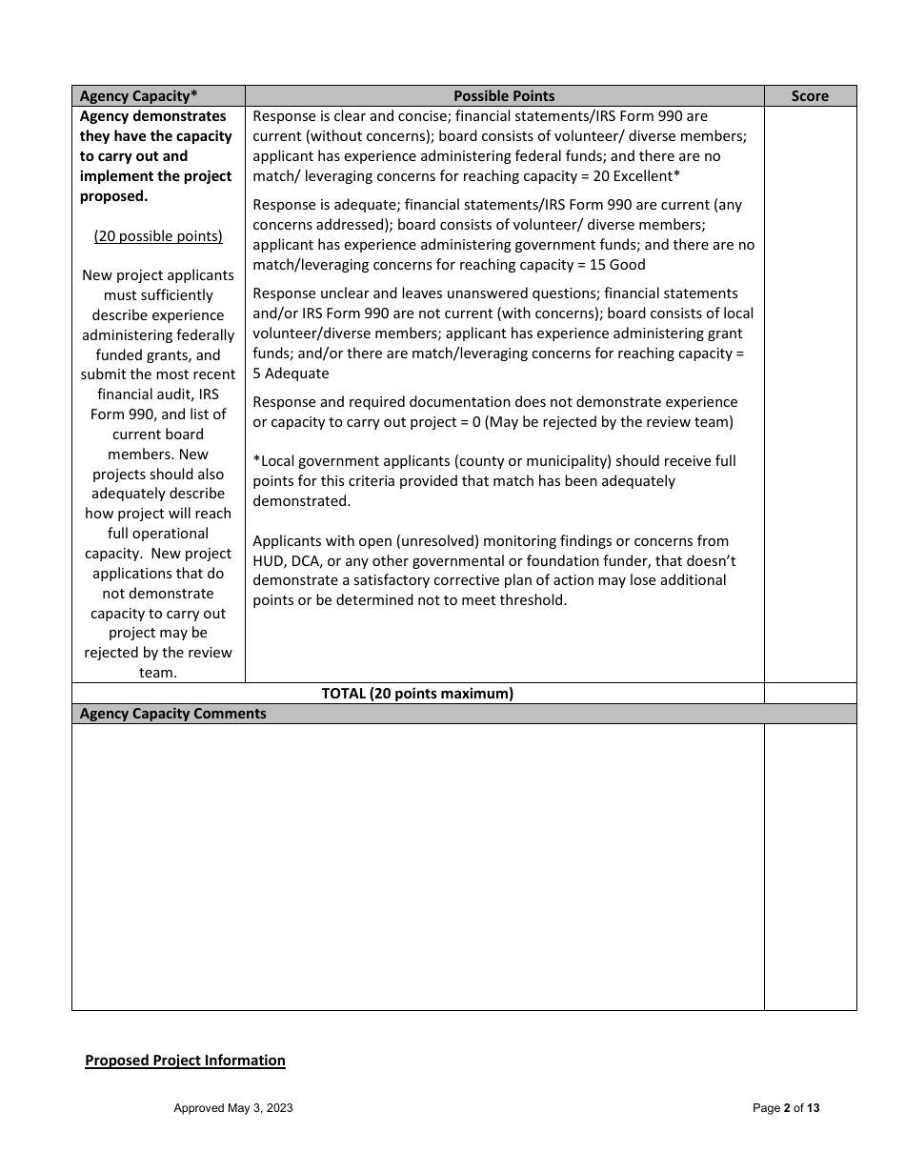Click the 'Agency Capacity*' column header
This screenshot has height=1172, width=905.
pyautogui.click(x=139, y=96)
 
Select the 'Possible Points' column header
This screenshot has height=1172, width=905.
pyautogui.click(x=504, y=96)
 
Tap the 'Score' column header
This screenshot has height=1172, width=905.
pyautogui.click(x=810, y=96)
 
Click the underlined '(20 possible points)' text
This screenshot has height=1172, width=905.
pyautogui.click(x=158, y=236)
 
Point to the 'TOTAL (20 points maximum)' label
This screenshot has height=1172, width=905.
pyautogui.click(x=417, y=694)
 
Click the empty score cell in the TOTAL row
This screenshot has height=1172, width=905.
pyautogui.click(x=810, y=694)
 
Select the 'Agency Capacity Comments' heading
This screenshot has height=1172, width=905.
pyautogui.click(x=173, y=714)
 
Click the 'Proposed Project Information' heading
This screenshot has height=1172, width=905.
pyautogui.click(x=185, y=1061)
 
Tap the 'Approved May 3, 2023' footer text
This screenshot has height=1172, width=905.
pyautogui.click(x=233, y=1108)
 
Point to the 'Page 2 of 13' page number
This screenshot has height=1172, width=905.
pyautogui.click(x=786, y=1108)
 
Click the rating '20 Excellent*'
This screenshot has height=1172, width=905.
pyautogui.click(x=636, y=176)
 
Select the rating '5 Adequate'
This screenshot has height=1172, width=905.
pyautogui.click(x=291, y=374)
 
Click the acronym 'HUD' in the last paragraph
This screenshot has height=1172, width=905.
pyautogui.click(x=269, y=561)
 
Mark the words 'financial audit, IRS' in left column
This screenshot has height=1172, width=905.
pyautogui.click(x=158, y=394)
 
